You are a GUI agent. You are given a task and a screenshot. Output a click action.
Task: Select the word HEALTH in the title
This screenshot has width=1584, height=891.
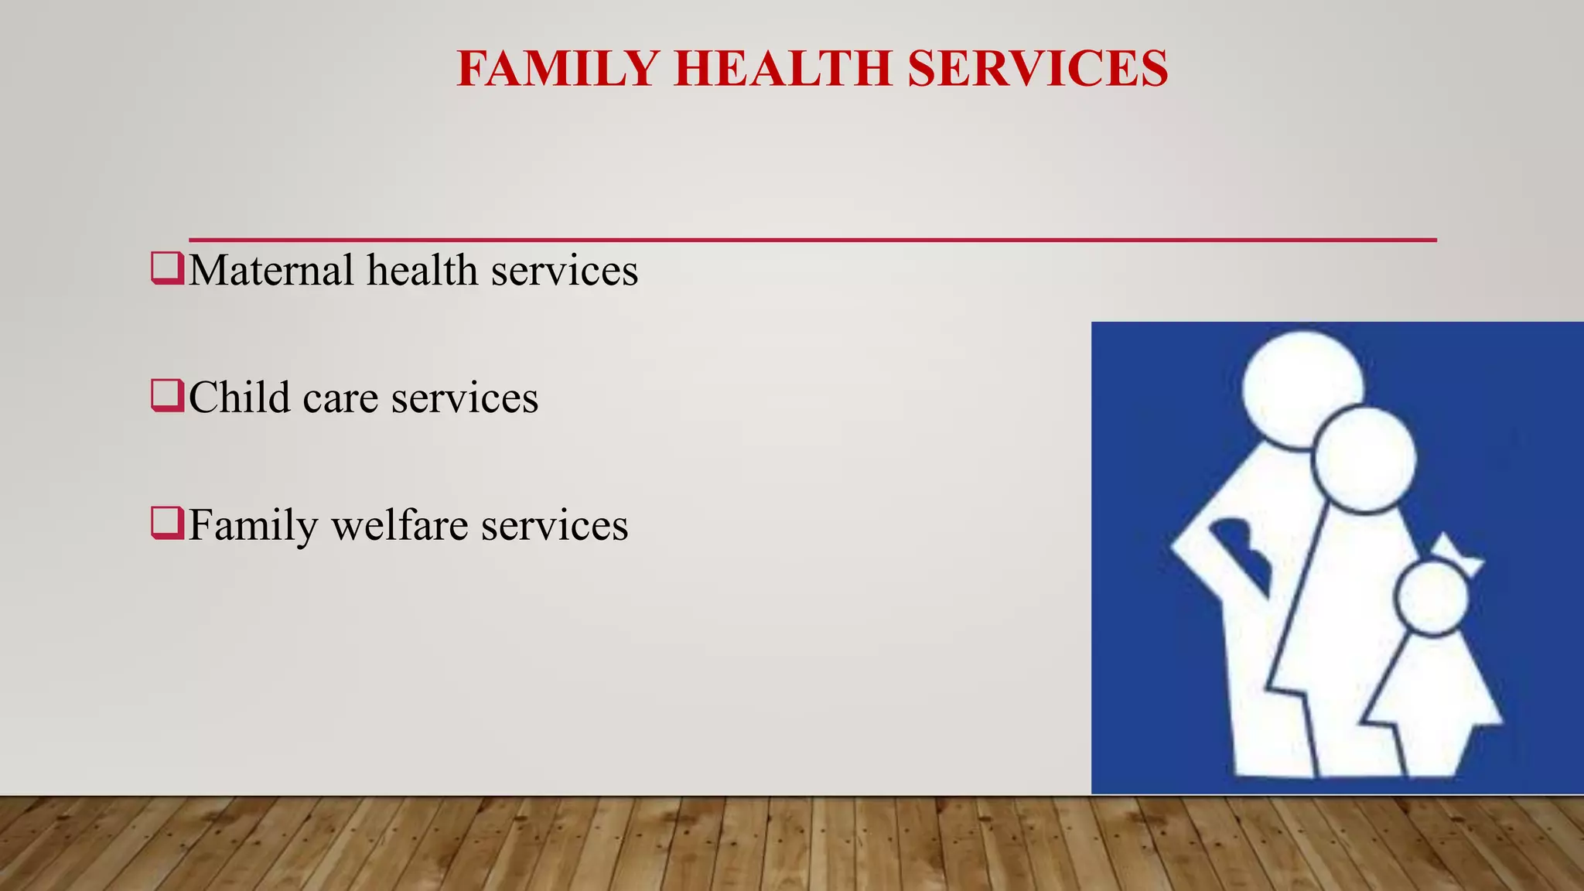pyautogui.click(x=783, y=69)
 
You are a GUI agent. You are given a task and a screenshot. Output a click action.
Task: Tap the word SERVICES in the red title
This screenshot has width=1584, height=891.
pyautogui.click(x=1037, y=69)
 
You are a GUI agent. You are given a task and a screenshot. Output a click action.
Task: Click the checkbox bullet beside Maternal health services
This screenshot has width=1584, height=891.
pyautogui.click(x=167, y=268)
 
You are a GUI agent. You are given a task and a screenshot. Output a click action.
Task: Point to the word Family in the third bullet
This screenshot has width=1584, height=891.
pyautogui.click(x=253, y=527)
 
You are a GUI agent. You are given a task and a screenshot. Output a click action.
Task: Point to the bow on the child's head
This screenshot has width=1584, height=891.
pyautogui.click(x=1457, y=556)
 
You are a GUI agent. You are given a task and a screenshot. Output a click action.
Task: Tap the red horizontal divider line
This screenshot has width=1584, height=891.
pyautogui.click(x=812, y=240)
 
